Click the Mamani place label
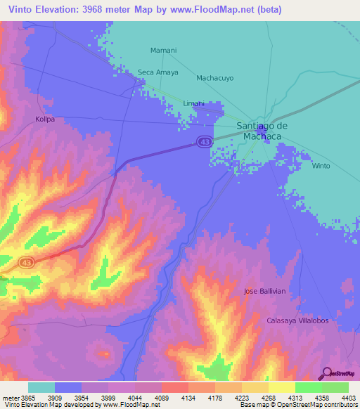(164, 51)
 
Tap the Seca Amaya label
(158, 72)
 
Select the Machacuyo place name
(214, 78)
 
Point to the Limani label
(194, 103)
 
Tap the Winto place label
(321, 167)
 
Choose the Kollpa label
(45, 119)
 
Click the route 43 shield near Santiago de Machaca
(204, 142)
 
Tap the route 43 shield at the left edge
(27, 262)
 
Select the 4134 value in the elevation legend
(188, 398)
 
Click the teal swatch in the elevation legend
(41, 387)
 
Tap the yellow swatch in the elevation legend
(281, 387)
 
